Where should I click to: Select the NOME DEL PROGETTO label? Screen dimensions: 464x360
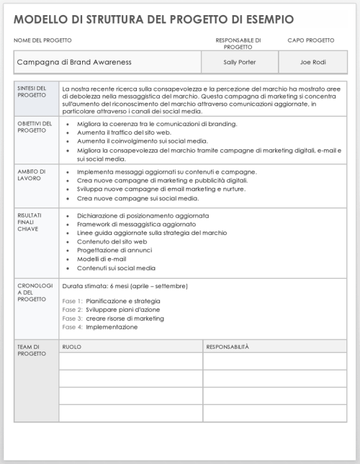click(x=43, y=40)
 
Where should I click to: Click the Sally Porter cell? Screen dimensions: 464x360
click(x=238, y=62)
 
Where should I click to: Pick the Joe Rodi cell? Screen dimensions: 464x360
click(x=312, y=62)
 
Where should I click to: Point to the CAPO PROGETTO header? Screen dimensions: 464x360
click(x=310, y=40)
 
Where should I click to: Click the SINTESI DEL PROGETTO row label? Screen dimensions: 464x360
click(x=33, y=92)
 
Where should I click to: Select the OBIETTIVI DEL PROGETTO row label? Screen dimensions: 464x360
click(x=35, y=128)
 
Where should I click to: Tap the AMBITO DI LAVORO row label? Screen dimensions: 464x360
click(x=32, y=176)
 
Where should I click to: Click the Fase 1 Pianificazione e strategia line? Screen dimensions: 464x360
click(x=112, y=300)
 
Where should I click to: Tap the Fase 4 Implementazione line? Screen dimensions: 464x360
click(x=100, y=326)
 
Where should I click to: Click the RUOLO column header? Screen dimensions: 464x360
click(x=72, y=347)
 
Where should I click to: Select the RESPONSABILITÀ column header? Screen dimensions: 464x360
click(x=228, y=347)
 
